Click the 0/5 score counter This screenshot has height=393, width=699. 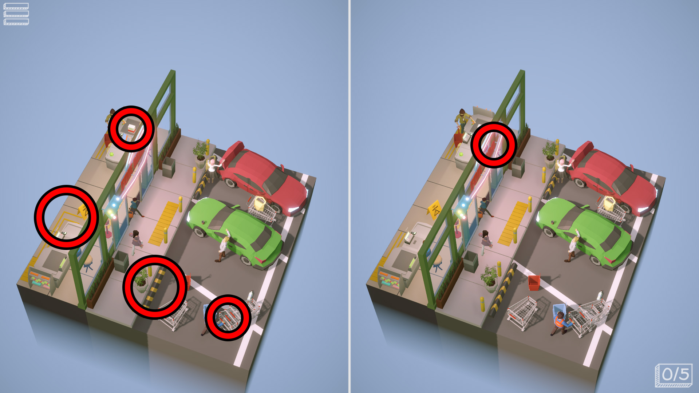pos(674,375)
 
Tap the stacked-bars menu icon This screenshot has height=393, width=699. pos(16,14)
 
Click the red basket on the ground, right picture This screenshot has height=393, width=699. pos(534,283)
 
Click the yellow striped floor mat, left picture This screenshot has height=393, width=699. pos(163,223)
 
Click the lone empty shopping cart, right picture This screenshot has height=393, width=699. pos(522,313)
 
